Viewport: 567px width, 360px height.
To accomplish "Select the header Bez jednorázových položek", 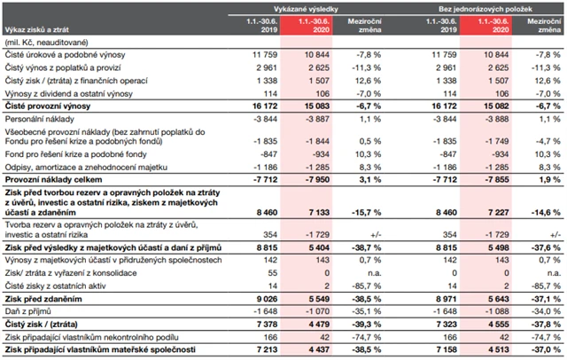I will click(x=479, y=7).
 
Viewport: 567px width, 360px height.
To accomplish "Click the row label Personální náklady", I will click(x=42, y=118).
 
